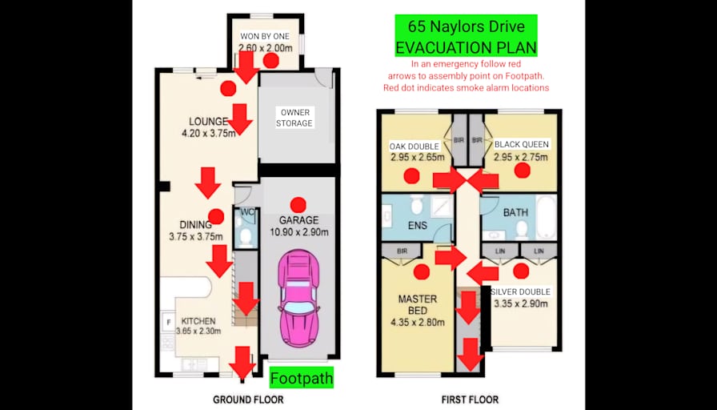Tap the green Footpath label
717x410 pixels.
[302, 378]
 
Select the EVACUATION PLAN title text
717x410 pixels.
[466, 47]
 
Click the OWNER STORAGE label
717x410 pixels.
[295, 118]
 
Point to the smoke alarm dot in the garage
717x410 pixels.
[298, 204]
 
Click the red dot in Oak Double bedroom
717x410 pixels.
[411, 175]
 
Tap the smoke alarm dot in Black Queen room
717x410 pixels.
[523, 171]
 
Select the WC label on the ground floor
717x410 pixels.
[248, 212]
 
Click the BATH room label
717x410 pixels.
[515, 212]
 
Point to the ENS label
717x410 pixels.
[418, 225]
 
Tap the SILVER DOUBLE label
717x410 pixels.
[520, 291]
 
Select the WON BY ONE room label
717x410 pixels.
[265, 36]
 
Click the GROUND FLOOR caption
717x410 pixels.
[248, 400]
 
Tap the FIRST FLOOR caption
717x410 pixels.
[470, 400]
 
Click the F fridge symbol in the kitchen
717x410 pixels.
[168, 322]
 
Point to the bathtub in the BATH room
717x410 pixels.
[546, 216]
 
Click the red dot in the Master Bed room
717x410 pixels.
[421, 271]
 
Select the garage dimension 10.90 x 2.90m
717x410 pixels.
[299, 232]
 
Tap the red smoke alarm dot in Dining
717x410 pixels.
[216, 216]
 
